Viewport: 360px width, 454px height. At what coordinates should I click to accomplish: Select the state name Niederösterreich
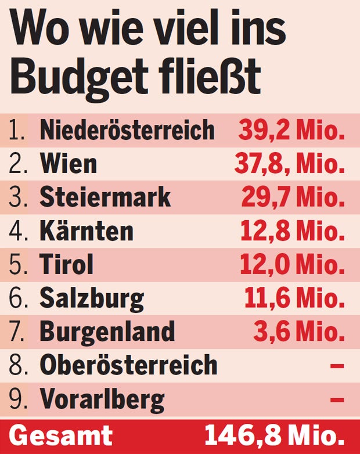click(127, 131)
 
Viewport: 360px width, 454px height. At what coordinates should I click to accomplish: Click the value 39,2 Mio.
click(291, 131)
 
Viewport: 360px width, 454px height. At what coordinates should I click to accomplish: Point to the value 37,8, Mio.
click(290, 164)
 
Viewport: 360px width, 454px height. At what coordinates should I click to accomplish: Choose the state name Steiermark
click(105, 198)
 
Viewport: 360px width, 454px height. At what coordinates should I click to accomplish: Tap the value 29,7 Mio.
click(293, 198)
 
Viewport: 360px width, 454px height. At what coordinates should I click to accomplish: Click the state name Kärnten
click(87, 232)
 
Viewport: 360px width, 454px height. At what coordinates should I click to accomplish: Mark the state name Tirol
click(66, 265)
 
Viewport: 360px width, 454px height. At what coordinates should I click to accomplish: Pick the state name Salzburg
click(92, 299)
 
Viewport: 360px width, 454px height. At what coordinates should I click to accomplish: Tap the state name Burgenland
click(107, 332)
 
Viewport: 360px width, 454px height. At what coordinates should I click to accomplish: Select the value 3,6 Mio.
click(298, 332)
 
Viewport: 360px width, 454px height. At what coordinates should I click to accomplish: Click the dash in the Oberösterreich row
click(337, 366)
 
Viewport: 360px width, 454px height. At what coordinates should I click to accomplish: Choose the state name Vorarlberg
click(102, 399)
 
